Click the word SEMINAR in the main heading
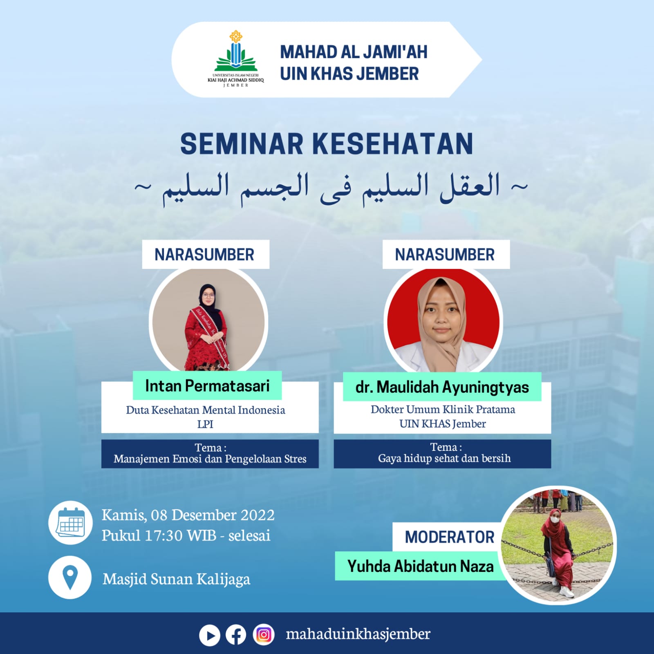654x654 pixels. [x=242, y=144]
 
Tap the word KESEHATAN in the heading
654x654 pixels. [x=393, y=144]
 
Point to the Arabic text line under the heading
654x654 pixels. [x=331, y=188]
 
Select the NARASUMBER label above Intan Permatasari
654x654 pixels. [x=204, y=255]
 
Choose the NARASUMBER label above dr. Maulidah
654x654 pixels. [x=445, y=255]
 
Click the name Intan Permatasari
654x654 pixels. [x=207, y=385]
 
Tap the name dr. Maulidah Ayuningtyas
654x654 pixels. [x=442, y=387]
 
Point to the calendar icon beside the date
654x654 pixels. [x=70, y=522]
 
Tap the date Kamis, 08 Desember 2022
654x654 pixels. [x=188, y=515]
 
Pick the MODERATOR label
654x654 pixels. [x=450, y=537]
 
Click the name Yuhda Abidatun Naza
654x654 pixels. [x=421, y=567]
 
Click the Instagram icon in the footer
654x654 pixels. [x=264, y=635]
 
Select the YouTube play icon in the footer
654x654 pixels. [x=210, y=636]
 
